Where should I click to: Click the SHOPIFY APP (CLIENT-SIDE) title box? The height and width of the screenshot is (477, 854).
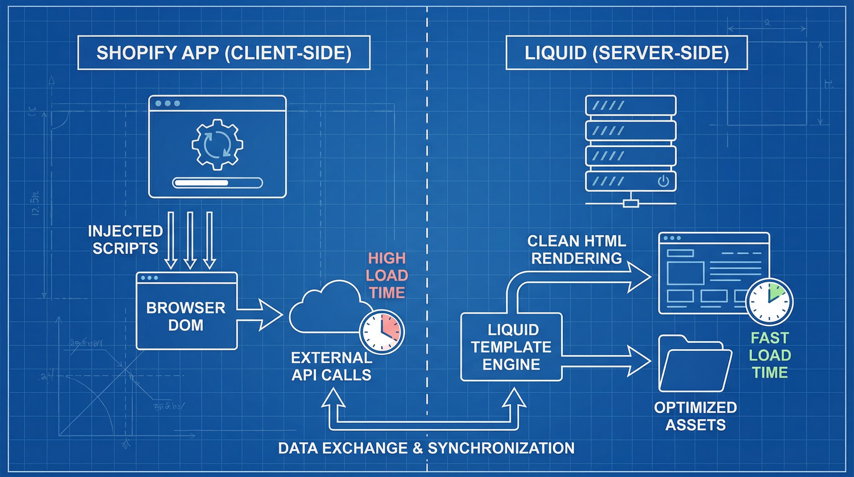[x=224, y=53]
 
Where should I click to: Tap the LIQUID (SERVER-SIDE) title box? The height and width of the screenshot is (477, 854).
[x=626, y=53]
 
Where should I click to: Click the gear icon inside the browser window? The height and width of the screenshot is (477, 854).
[x=217, y=145]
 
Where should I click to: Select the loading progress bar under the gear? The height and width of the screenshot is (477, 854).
[x=217, y=183]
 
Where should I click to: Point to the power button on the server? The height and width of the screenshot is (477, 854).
[x=663, y=181]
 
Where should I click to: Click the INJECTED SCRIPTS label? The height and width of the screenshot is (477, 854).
[x=125, y=239]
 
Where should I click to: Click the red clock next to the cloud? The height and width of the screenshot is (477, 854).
[x=382, y=332]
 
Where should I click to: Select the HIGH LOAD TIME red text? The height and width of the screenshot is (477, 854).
[x=387, y=275]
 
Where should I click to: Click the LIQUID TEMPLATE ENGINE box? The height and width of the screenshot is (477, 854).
[x=511, y=347]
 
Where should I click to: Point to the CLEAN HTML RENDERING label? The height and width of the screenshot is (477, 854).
[x=577, y=249]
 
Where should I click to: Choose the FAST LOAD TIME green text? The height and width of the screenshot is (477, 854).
[x=770, y=355]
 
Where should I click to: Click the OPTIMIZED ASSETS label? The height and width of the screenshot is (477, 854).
[x=695, y=416]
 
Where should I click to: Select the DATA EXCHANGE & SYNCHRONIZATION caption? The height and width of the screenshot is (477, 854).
[x=426, y=448]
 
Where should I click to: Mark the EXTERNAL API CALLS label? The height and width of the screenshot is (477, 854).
[x=331, y=366]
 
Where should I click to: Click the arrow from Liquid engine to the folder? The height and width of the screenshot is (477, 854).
[x=607, y=361]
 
